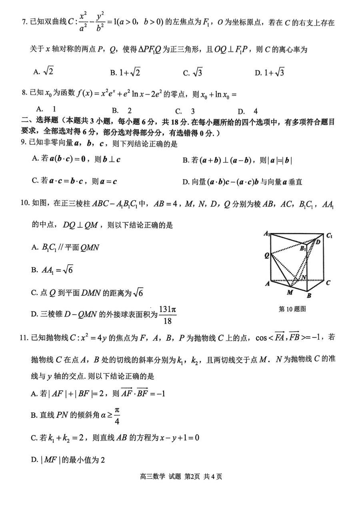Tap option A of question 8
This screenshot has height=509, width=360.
[x=46, y=109]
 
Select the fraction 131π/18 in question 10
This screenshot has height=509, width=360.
[x=168, y=315]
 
